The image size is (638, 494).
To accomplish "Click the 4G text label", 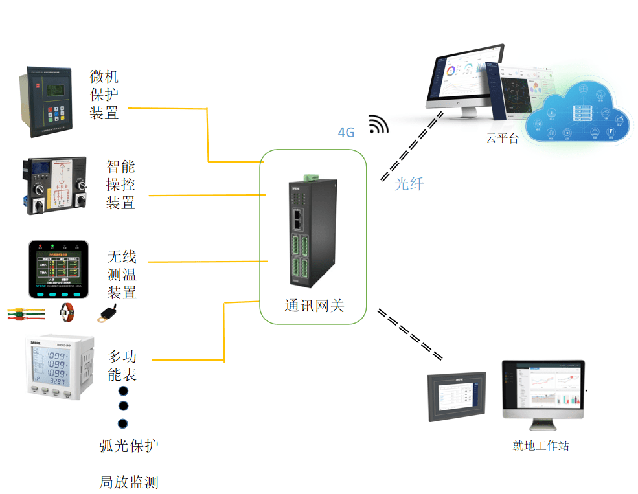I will coord(347,133).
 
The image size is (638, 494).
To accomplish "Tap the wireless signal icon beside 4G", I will coord(378,125).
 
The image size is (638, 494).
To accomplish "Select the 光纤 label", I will coord(409,184).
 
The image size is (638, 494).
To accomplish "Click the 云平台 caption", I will coord(502,138).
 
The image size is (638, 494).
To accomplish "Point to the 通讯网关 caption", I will coord(314,306).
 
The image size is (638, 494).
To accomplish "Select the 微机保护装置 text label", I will coord(104,95).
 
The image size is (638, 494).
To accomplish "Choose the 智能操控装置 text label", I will coord(120,185).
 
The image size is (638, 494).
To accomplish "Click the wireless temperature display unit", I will coord(58,269).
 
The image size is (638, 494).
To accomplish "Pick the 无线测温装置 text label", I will coord(122,275).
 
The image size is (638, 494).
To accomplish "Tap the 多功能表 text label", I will coord(122,365).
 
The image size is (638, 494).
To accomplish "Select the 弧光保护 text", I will coord(128,445).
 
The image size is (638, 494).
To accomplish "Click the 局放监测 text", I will coord(128,482).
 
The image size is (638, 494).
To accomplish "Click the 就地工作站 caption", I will coord(540,445).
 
